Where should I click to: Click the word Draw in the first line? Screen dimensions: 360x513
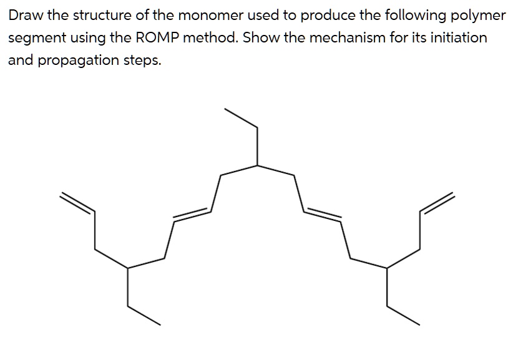pyautogui.click(x=23, y=15)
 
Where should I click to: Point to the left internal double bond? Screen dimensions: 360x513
pyautogui.click(x=192, y=214)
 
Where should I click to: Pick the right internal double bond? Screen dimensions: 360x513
pyautogui.click(x=323, y=214)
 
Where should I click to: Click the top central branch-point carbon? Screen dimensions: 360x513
pyautogui.click(x=258, y=165)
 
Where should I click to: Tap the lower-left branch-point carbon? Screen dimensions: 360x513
pyautogui.click(x=128, y=268)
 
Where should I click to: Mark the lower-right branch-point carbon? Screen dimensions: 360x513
pyautogui.click(x=387, y=268)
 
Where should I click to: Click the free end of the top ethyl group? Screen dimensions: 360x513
pyautogui.click(x=225, y=110)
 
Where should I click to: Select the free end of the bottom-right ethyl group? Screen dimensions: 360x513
pyautogui.click(x=419, y=324)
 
